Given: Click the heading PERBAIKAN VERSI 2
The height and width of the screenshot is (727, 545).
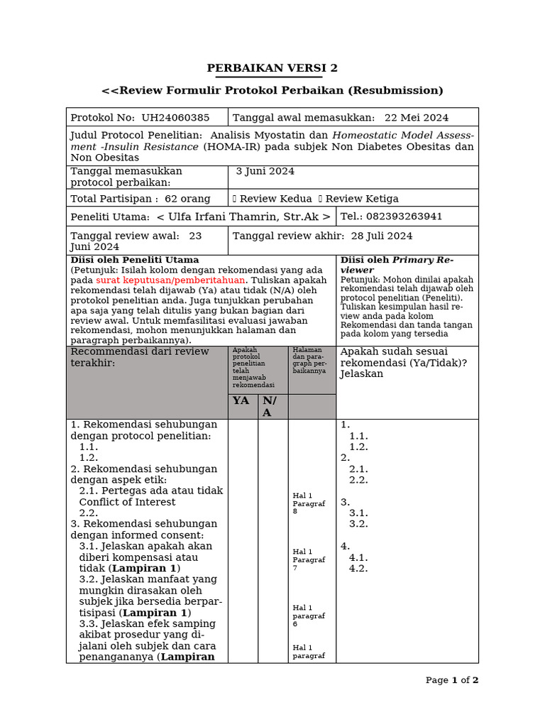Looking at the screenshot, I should point(272,68).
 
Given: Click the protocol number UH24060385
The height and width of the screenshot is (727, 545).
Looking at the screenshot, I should point(175,118).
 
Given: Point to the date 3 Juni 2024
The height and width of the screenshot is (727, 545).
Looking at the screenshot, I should point(265,171).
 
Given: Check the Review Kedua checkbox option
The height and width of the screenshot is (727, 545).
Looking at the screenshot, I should point(236,199).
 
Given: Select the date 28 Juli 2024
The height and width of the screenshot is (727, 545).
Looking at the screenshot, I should point(380,236).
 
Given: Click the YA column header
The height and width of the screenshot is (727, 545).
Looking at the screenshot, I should point(241,401).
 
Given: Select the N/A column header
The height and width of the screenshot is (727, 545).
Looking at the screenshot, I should point(270,406).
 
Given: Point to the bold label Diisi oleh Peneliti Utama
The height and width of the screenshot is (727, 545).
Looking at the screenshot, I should point(135,260).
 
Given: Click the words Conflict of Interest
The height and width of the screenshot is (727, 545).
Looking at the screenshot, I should point(127,502).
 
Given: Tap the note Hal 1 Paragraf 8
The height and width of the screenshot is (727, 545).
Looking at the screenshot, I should point(308,503).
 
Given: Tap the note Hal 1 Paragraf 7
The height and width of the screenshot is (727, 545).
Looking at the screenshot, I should point(308,559).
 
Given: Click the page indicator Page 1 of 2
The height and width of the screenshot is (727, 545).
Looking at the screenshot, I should point(452,680).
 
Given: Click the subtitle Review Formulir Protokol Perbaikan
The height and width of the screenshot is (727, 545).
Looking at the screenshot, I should point(272,90).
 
